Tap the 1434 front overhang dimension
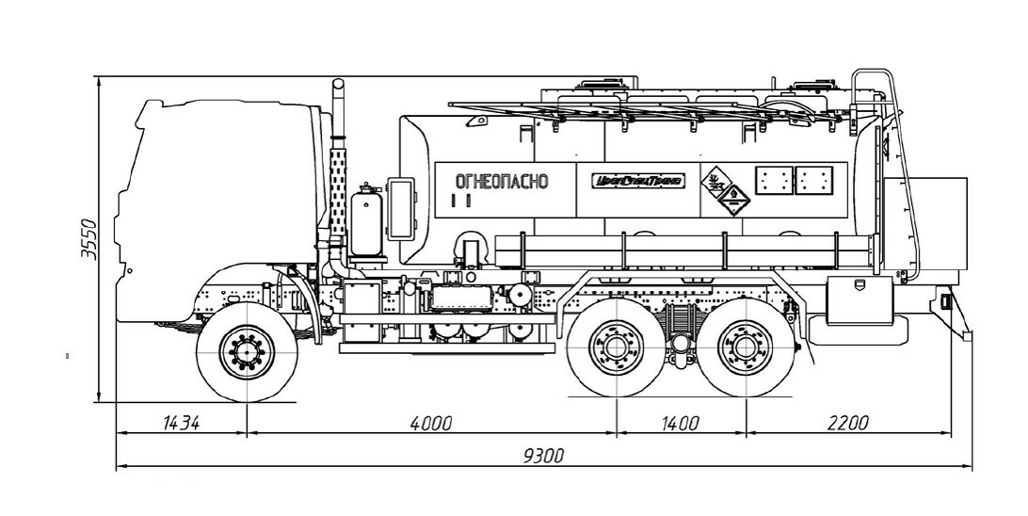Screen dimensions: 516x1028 (x=180, y=423)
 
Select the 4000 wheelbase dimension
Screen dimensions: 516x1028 (x=431, y=423)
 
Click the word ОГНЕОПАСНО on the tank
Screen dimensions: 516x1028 (x=501, y=182)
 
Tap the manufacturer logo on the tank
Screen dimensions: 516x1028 (x=638, y=181)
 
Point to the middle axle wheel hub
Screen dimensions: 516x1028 (x=616, y=348)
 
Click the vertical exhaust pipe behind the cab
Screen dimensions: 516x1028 (x=339, y=169)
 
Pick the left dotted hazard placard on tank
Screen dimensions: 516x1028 (x=775, y=180)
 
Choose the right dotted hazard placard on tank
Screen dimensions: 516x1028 (x=814, y=180)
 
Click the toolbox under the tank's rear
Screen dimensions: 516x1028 (x=858, y=298)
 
